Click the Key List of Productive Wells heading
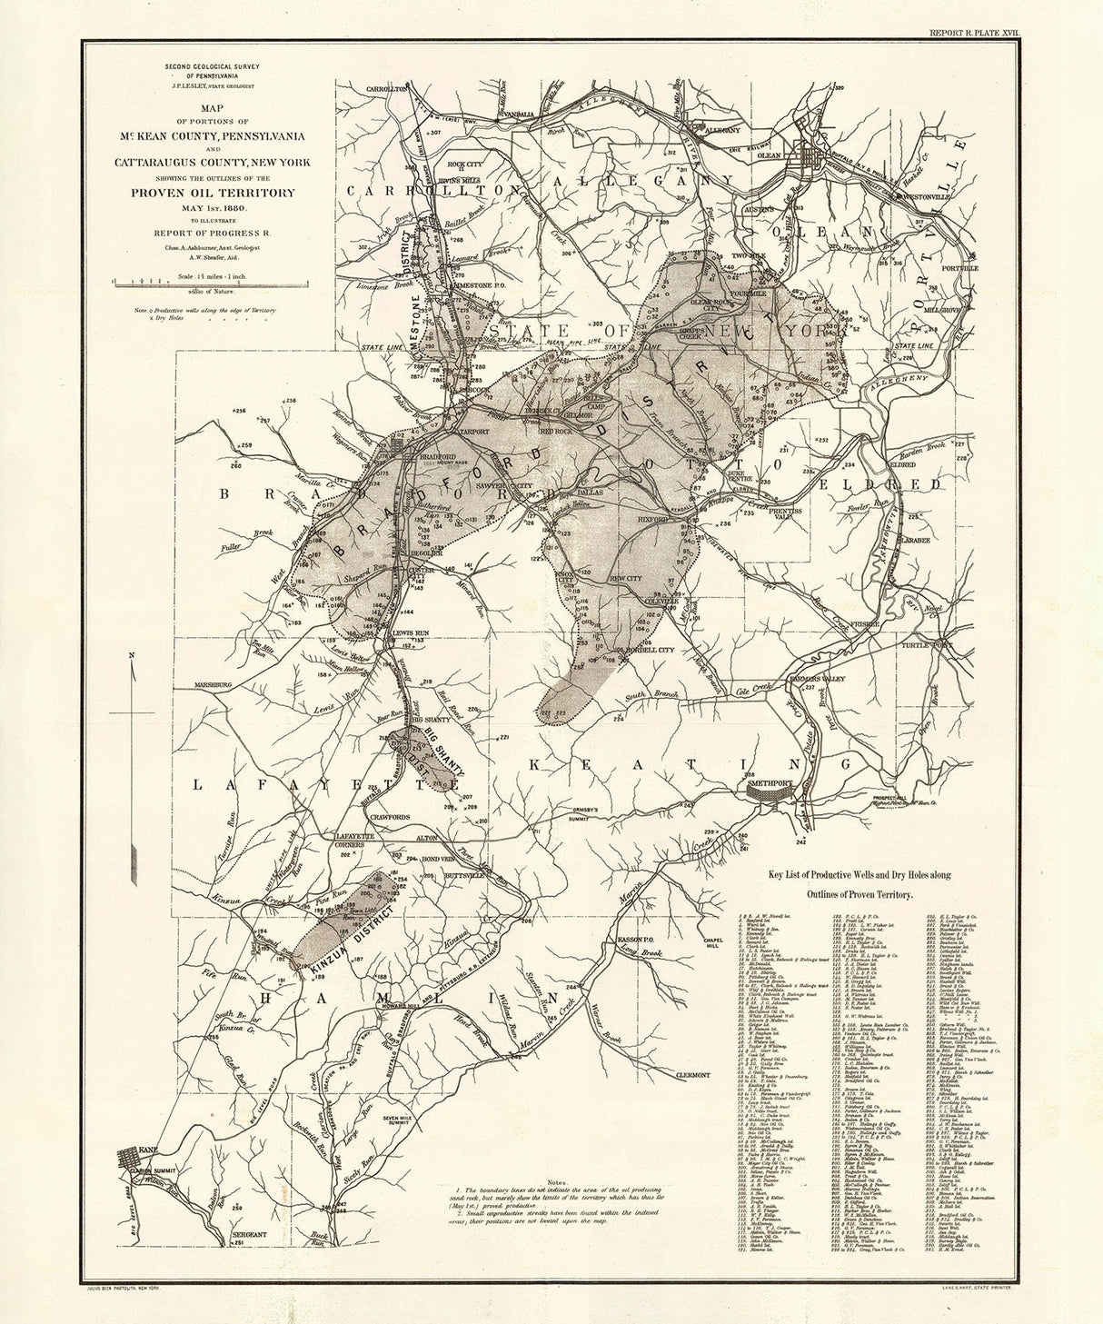coord(853,874)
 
